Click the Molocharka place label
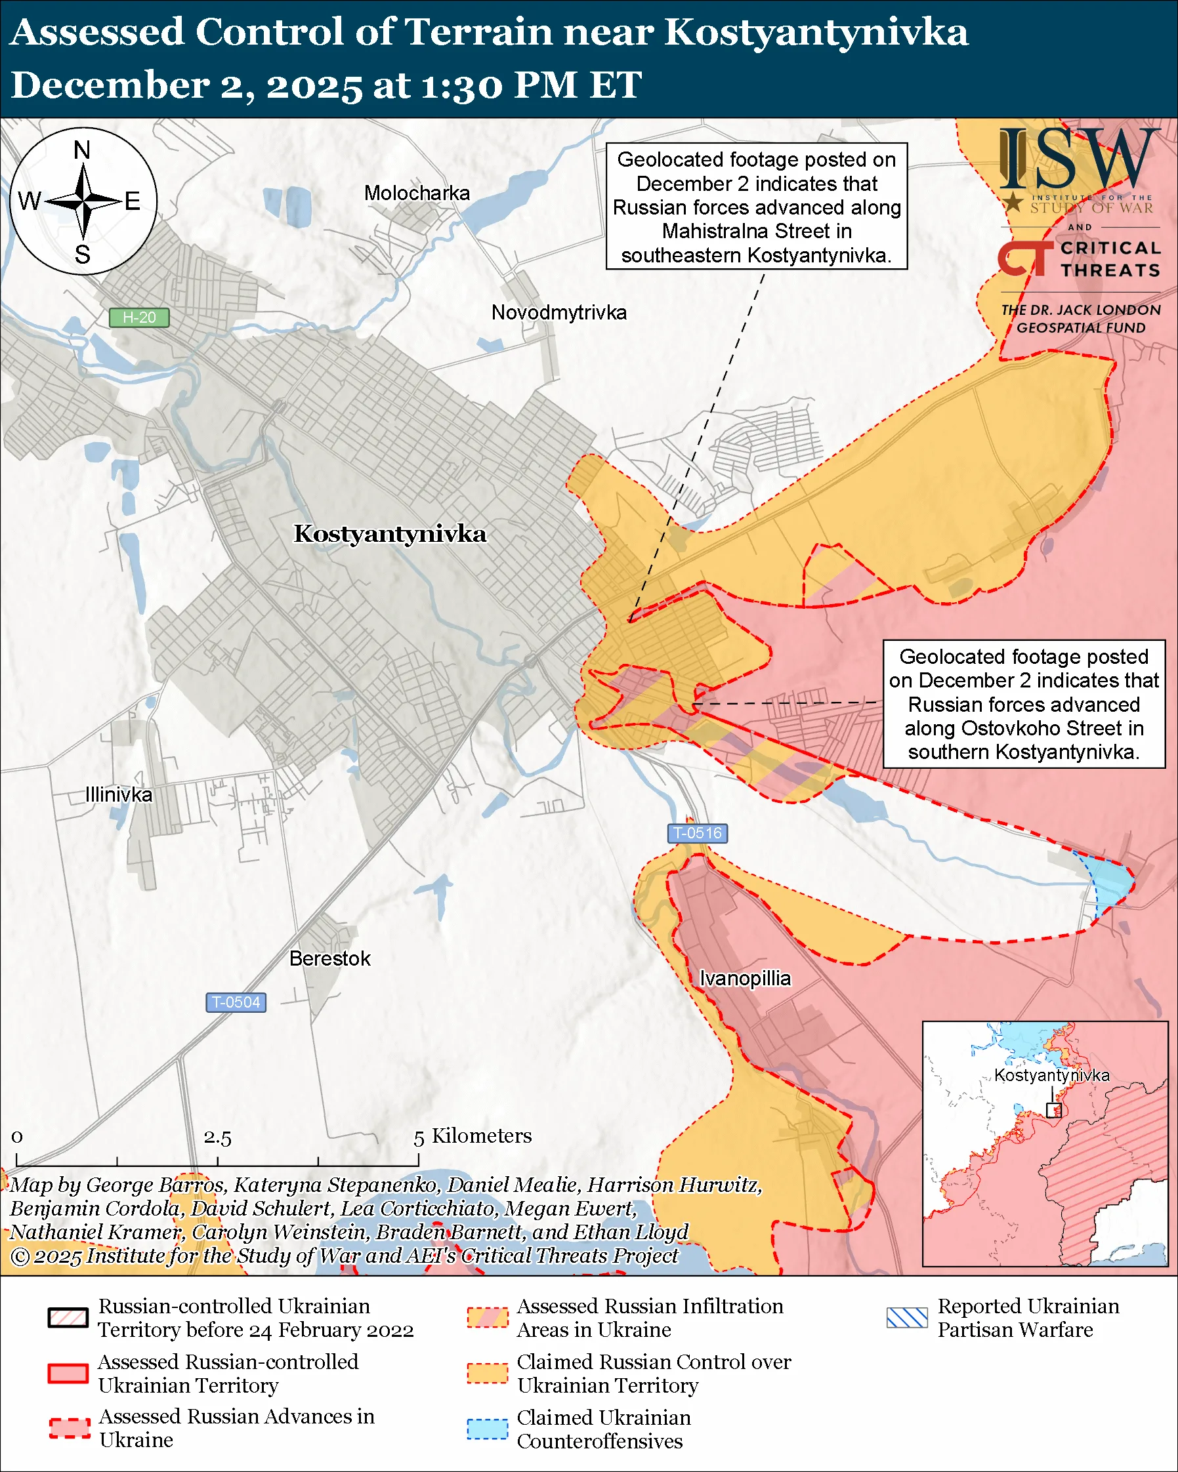tap(417, 194)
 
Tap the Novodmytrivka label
tap(558, 313)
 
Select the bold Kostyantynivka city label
tap(389, 534)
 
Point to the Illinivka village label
tap(119, 795)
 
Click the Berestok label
tap(330, 958)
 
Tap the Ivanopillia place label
tap(745, 978)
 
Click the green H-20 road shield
tap(139, 317)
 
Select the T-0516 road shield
tap(696, 833)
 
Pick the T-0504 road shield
tap(236, 1002)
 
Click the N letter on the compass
tap(82, 150)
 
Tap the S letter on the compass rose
tap(83, 255)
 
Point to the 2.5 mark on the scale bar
tap(217, 1137)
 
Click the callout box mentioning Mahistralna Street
tap(756, 206)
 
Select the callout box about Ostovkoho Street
tap(1023, 704)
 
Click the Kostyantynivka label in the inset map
tap(1051, 1075)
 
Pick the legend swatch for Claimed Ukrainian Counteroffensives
tap(487, 1429)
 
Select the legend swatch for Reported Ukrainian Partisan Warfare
tap(907, 1317)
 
